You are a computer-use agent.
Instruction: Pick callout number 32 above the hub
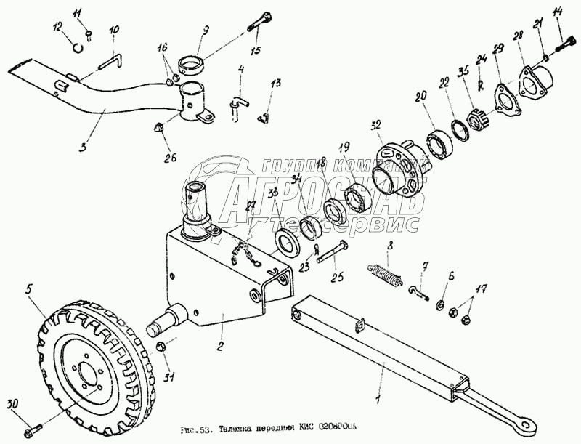pyautogui.click(x=375, y=126)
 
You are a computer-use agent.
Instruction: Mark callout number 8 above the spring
pyautogui.click(x=390, y=246)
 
